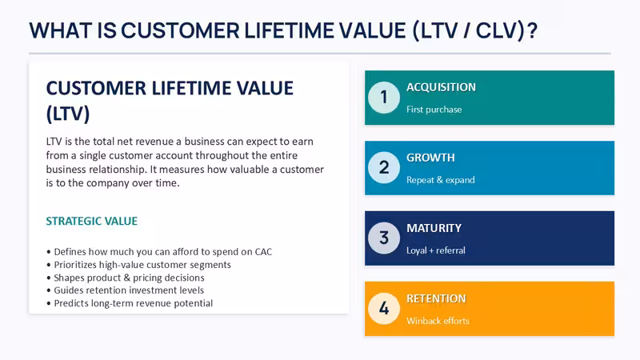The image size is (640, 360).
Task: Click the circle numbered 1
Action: (x=384, y=98)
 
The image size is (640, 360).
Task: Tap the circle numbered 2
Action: (x=384, y=168)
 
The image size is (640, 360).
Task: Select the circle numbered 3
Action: (x=384, y=238)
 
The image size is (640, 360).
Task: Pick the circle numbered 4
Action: (x=384, y=309)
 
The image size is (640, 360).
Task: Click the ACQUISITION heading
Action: (x=442, y=87)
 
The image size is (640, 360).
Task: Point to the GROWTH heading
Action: (x=430, y=158)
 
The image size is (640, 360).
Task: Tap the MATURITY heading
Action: (x=434, y=228)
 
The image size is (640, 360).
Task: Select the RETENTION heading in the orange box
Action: (x=436, y=298)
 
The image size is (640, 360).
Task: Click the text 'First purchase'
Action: (x=434, y=110)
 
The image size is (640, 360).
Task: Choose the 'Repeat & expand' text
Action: (x=441, y=180)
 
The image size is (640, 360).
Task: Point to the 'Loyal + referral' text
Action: (x=436, y=250)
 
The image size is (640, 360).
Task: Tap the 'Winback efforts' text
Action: (x=438, y=321)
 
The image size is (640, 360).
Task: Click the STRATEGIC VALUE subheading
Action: (x=92, y=222)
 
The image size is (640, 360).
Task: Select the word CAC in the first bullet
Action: (x=264, y=251)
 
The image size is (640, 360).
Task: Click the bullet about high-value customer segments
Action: (x=138, y=265)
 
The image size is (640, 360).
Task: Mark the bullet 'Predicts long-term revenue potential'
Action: (x=130, y=303)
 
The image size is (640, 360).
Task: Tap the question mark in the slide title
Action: (x=532, y=30)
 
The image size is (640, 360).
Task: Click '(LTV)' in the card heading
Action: (x=68, y=114)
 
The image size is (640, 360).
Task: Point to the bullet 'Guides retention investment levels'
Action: (x=126, y=290)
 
